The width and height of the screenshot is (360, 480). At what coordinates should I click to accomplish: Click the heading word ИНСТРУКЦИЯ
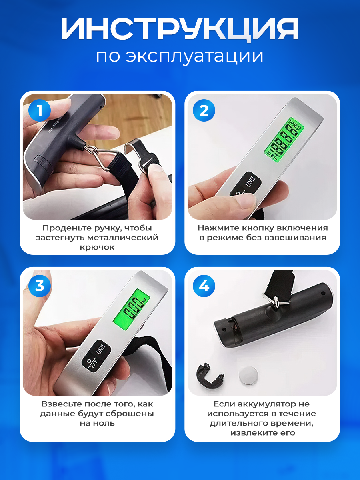(x=180, y=29)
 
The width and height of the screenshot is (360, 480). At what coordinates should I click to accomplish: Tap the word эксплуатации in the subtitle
(x=194, y=56)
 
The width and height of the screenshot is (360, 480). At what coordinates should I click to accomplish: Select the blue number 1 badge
(x=40, y=110)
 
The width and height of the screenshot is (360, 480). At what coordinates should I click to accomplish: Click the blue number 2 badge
(x=204, y=110)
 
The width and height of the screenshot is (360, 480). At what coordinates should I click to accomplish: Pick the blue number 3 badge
(x=40, y=286)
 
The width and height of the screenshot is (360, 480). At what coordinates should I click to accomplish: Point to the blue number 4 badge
(x=204, y=286)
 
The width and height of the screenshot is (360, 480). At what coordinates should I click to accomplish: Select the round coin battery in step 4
(x=248, y=376)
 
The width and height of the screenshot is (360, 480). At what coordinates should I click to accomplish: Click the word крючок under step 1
(x=97, y=248)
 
